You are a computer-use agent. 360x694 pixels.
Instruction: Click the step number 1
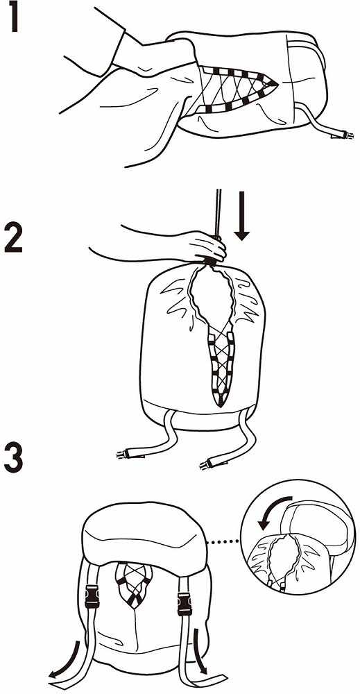[14, 17]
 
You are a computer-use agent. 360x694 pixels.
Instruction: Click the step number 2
[13, 237]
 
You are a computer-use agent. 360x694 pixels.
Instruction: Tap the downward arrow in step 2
[242, 216]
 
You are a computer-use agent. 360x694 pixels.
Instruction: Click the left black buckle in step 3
[92, 596]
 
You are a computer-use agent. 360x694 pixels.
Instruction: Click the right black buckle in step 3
[185, 603]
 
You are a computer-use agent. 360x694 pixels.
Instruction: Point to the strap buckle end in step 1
[343, 134]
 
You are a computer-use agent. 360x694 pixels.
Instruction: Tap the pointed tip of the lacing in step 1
[277, 83]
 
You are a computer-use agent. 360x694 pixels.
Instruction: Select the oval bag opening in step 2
[212, 296]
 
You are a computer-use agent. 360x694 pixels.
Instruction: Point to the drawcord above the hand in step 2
[218, 212]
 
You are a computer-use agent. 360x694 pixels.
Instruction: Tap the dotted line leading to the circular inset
[223, 541]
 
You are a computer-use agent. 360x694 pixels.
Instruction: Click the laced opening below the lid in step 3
[134, 582]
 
